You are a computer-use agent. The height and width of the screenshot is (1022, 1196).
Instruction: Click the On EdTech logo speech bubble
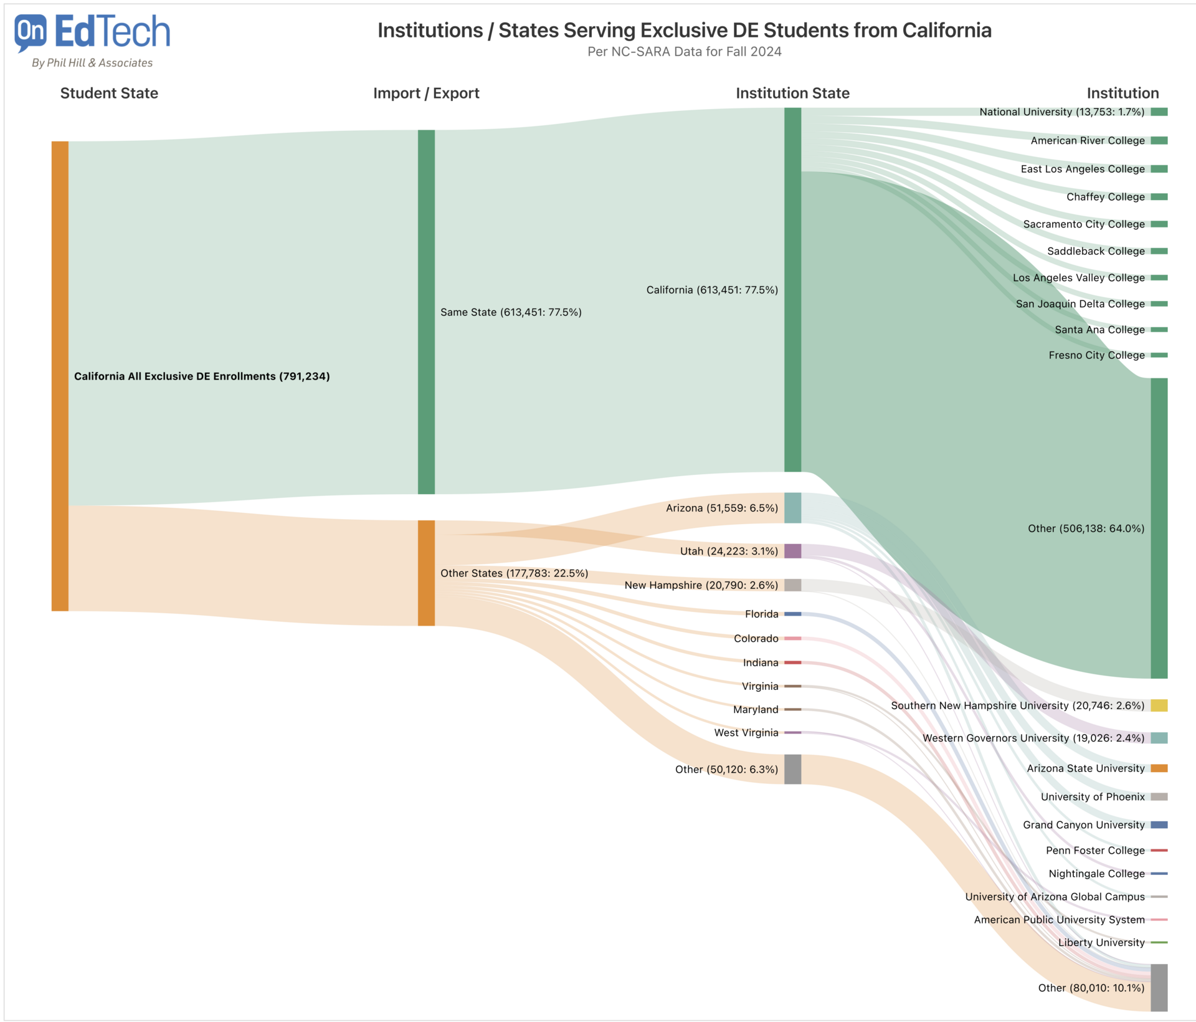(30, 32)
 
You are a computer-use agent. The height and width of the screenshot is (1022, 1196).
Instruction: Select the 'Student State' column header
(109, 93)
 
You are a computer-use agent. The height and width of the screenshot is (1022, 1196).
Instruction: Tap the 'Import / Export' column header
(426, 93)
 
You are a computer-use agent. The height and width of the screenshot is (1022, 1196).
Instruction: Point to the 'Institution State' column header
(792, 93)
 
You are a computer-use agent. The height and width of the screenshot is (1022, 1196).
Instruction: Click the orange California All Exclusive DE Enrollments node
(60, 376)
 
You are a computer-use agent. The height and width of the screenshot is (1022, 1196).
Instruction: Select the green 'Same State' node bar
(426, 312)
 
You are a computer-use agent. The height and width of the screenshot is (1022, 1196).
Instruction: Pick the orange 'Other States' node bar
(426, 573)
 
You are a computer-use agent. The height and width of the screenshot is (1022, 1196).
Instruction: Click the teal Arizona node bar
(792, 508)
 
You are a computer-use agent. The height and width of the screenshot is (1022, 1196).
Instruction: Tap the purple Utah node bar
(792, 551)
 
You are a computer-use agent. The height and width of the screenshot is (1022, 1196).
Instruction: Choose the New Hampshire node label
(701, 585)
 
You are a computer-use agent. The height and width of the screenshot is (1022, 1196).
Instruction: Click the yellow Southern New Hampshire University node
(1159, 705)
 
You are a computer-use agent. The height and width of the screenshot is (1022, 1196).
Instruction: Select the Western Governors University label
(1033, 738)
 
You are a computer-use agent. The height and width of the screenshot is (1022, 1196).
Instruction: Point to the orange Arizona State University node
(1159, 768)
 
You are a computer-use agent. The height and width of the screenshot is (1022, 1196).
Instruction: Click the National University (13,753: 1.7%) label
(1061, 112)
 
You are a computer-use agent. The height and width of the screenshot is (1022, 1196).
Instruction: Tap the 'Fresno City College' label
(1096, 355)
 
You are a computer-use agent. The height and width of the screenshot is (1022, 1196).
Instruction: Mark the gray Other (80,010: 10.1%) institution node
(1159, 988)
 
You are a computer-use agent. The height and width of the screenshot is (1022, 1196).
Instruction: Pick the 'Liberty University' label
(1101, 943)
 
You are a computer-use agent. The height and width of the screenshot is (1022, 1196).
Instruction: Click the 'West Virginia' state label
(746, 733)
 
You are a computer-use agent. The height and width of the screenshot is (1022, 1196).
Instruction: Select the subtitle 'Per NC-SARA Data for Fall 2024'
(684, 52)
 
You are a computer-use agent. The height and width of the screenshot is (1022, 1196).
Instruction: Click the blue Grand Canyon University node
(1159, 825)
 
